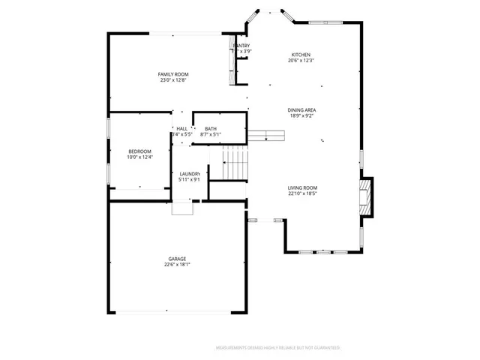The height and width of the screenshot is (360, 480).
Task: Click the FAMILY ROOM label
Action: coord(172,74)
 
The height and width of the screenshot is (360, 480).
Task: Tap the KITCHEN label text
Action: coord(301,55)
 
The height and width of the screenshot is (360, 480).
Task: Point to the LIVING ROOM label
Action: coord(302,187)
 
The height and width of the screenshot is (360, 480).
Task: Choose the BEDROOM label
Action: coord(139,151)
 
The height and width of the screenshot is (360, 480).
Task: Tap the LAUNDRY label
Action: coord(189,174)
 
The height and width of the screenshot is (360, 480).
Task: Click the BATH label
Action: coord(211,129)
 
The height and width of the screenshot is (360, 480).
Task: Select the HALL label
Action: coord(181,129)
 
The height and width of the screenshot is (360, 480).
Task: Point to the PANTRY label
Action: coord(241,46)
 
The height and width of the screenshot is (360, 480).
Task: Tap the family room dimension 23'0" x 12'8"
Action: coord(172,80)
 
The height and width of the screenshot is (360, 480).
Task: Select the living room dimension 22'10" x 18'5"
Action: coord(302,193)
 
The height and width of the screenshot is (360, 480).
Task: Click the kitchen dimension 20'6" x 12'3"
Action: coord(301,61)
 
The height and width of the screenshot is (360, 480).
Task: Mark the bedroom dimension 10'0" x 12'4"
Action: coord(139,157)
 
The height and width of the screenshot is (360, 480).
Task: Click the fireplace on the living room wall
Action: coord(365,196)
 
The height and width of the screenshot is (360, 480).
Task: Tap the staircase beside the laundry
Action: coord(235,165)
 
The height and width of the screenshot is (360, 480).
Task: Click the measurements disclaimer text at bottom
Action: coord(277,348)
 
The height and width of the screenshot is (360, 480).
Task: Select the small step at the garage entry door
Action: coord(182,208)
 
